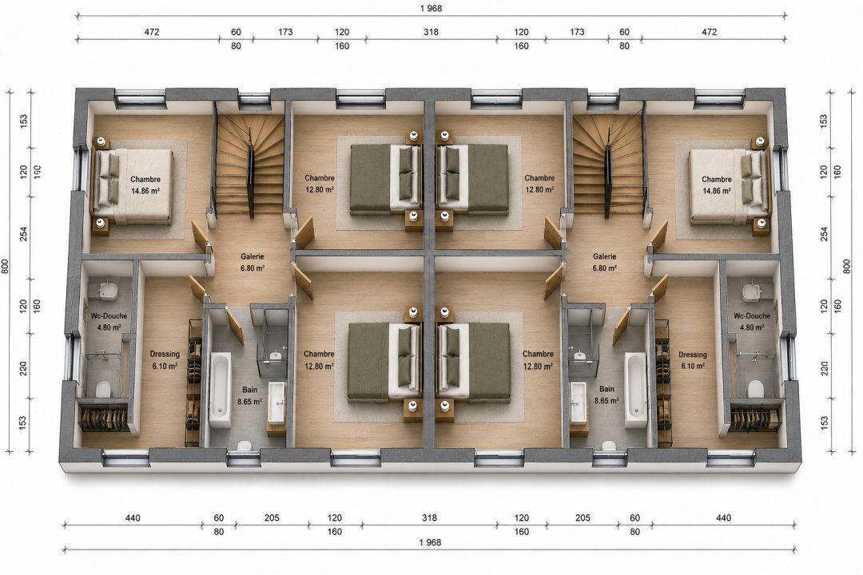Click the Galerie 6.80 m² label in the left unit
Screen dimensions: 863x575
tap(253, 263)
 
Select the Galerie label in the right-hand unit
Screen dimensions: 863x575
tap(604, 263)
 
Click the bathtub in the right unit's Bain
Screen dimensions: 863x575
tap(635, 390)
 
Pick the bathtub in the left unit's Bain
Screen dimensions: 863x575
tap(221, 390)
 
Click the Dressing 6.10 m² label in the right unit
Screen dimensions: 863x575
tap(692, 360)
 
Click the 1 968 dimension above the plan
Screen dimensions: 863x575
tap(431, 8)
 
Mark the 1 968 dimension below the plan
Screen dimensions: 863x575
tap(430, 542)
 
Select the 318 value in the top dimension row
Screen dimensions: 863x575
tap(431, 32)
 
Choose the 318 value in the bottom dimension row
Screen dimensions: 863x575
tap(429, 517)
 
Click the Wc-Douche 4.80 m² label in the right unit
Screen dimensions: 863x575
tap(752, 321)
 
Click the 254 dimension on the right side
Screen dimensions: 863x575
tap(824, 233)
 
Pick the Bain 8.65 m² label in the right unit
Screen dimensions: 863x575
tap(606, 395)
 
